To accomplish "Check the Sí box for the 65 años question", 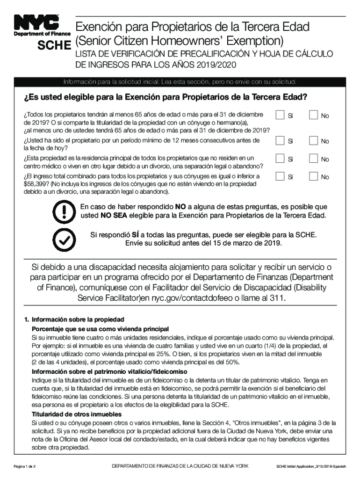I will click(280, 115).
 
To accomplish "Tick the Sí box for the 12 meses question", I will click(280, 140).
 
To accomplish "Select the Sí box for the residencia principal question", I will click(280, 158).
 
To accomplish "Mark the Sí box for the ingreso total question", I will click(280, 176).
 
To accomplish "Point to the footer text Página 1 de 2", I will click(28, 466).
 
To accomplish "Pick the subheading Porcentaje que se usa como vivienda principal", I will click(100, 329).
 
